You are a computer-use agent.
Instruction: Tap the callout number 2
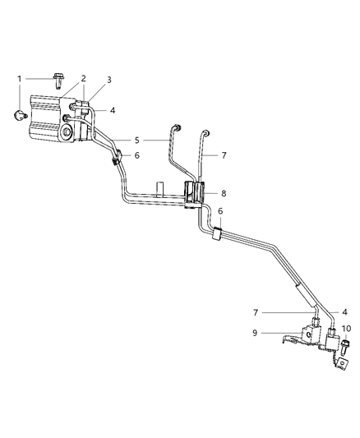[84, 79]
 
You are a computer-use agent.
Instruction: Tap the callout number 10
[346, 329]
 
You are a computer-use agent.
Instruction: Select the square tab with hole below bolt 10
[340, 353]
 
